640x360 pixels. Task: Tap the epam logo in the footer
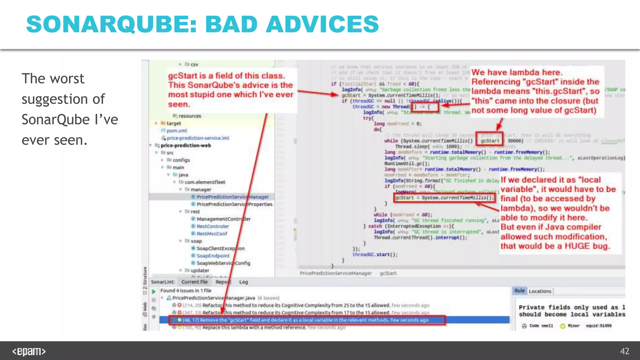29,352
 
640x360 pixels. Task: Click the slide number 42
624,351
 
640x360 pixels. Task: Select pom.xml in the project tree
177,131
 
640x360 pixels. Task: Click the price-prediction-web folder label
186,145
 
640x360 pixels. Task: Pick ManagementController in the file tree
223,219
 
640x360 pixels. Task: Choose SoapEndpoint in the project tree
213,256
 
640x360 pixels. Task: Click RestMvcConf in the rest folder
212,234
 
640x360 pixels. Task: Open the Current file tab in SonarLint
194,282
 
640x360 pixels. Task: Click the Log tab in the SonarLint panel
243,282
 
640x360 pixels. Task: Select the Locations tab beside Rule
540,291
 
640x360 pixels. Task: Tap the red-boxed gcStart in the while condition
490,141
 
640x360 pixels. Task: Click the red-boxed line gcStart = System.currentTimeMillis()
444,198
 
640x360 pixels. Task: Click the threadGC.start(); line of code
375,255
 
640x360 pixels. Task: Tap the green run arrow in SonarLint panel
154,292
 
